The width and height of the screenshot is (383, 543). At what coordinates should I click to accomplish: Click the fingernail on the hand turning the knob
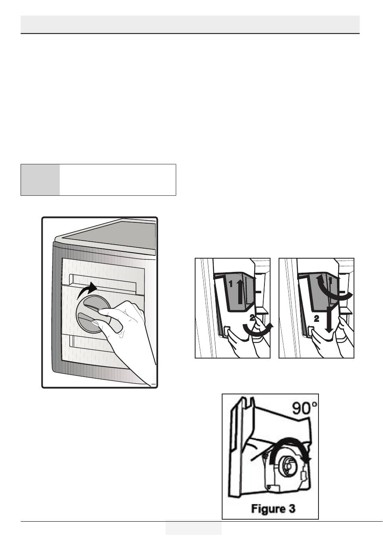click(95, 322)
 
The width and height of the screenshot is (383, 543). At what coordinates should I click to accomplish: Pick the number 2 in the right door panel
click(316, 319)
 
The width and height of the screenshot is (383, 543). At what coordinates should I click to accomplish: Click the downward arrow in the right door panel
click(329, 319)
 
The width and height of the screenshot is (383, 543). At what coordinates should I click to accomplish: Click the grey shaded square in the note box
click(40, 180)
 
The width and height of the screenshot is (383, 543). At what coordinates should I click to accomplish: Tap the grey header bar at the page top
click(190, 25)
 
